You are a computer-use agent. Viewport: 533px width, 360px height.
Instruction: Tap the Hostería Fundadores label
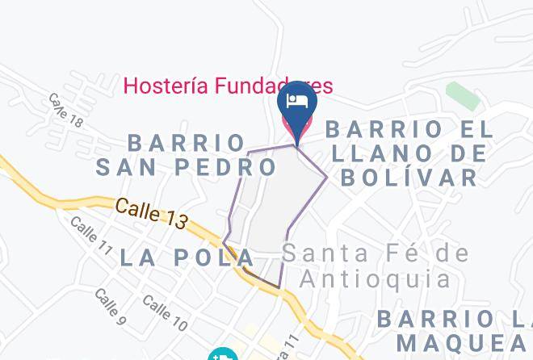point(228,86)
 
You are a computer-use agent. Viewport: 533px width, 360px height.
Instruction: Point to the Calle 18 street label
point(65,111)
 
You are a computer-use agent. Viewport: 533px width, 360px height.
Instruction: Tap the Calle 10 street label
point(165,312)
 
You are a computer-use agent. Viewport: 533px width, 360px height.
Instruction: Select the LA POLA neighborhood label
point(187,257)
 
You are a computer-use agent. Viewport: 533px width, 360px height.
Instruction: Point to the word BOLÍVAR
point(410,178)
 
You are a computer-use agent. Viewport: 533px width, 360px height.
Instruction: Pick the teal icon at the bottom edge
point(221,354)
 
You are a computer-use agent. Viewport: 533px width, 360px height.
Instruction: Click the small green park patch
point(461,95)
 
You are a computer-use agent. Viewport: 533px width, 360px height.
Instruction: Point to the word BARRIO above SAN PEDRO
point(187,143)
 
